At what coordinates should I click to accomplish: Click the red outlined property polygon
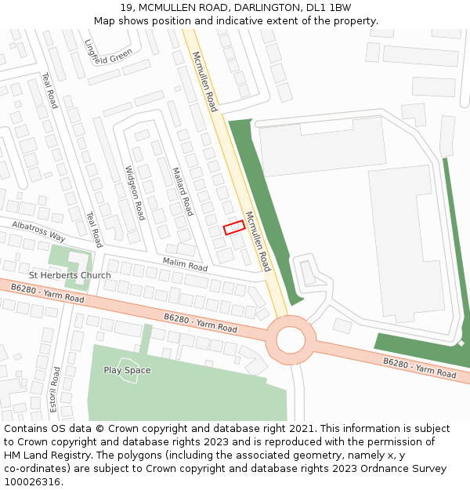(x=234, y=227)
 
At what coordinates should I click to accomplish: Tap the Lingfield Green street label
(x=108, y=52)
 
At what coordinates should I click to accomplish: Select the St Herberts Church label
(x=70, y=275)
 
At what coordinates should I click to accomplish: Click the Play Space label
(x=127, y=370)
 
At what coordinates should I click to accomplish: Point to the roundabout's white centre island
(x=290, y=339)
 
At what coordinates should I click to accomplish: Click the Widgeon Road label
(x=135, y=192)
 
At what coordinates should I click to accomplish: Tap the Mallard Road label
(x=182, y=191)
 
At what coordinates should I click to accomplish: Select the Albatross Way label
(x=38, y=230)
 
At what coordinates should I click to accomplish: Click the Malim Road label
(x=185, y=264)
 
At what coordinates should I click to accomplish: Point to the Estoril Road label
(x=56, y=389)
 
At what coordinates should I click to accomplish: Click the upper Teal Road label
(x=49, y=90)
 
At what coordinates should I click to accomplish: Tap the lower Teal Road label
(x=93, y=229)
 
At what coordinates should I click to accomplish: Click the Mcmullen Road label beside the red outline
(x=258, y=241)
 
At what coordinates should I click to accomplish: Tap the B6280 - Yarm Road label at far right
(x=419, y=368)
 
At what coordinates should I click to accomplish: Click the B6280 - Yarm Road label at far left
(x=47, y=293)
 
